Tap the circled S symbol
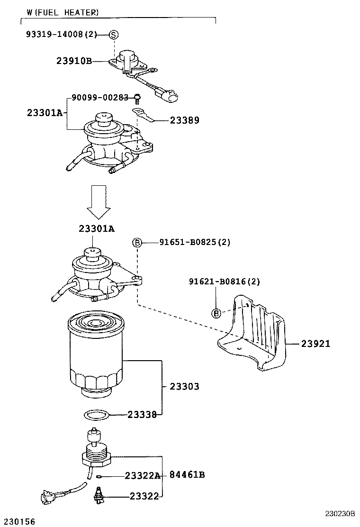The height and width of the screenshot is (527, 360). click(114, 35)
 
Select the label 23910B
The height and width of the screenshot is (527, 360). click(74, 61)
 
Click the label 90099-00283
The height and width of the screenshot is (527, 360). click(100, 97)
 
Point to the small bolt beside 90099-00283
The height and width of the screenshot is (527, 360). click(137, 98)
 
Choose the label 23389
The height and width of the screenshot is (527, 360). click(184, 120)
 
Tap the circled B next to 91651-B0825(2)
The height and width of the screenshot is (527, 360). click(137, 243)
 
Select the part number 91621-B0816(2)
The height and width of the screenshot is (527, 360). click(225, 282)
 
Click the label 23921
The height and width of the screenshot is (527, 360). click(315, 344)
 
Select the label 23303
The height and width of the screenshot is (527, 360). click(184, 387)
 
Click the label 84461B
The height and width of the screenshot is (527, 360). click(187, 475)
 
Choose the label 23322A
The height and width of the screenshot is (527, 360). click(143, 475)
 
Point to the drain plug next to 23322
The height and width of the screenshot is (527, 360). click(98, 494)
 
